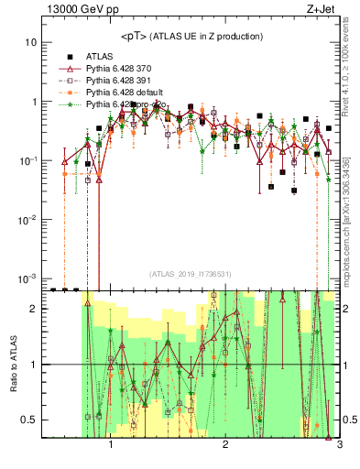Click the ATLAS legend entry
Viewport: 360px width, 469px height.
(98, 56)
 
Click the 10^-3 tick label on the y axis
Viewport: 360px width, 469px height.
(27, 278)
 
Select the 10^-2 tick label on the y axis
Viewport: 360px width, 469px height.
(27, 219)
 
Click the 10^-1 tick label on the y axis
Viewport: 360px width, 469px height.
(27, 160)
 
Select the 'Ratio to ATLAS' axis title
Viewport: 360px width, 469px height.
(12, 364)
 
